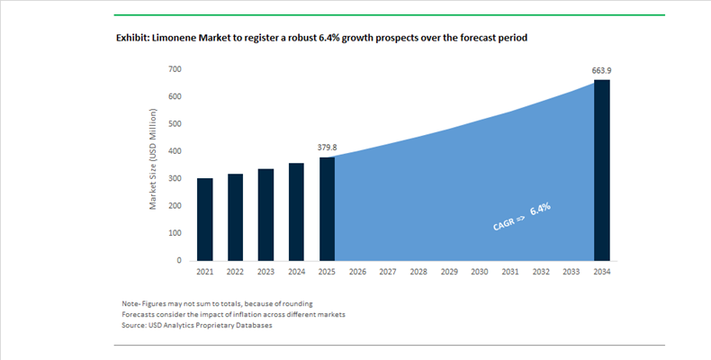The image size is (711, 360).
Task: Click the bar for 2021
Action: (205, 220)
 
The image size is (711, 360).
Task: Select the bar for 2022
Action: (236, 217)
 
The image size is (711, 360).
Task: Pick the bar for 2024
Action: (297, 211)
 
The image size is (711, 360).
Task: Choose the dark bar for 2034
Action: (602, 170)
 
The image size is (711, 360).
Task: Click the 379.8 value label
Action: (328, 147)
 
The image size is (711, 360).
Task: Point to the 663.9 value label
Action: (602, 70)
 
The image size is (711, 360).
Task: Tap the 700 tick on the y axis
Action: (175, 69)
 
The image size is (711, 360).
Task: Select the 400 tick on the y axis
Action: (175, 151)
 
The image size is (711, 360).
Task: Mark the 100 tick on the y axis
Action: (175, 233)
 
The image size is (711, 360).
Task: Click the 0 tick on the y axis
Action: (179, 260)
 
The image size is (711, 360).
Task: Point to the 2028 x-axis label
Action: (418, 271)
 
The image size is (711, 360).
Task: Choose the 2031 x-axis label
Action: (510, 271)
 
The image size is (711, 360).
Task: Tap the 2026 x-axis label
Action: (357, 271)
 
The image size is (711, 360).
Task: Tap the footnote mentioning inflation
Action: (233, 314)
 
